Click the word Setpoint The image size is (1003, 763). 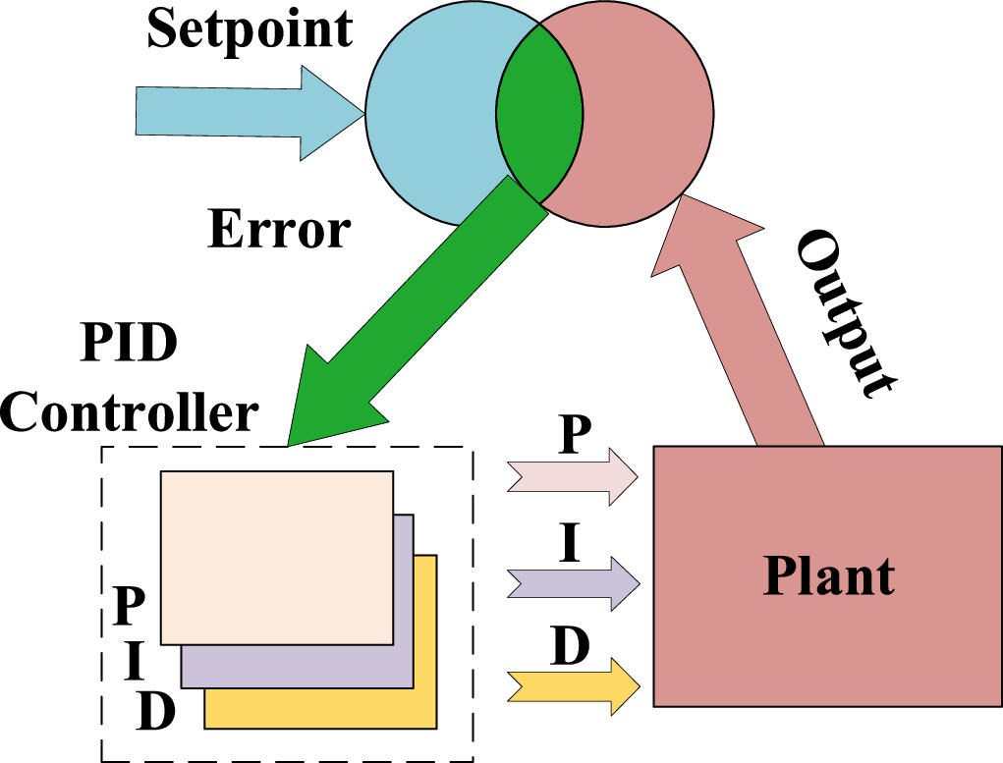click(250, 28)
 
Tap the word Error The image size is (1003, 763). click(279, 232)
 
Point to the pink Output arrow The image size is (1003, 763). click(737, 324)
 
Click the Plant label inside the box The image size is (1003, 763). click(829, 575)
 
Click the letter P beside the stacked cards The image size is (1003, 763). click(132, 607)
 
